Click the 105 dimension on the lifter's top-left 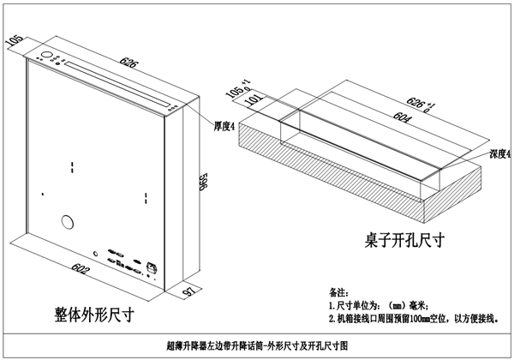[13, 39]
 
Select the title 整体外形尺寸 [94, 314]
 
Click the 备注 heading [339, 291]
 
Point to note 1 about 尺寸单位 [378, 304]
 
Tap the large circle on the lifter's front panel [66, 224]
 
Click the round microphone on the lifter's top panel [43, 58]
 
